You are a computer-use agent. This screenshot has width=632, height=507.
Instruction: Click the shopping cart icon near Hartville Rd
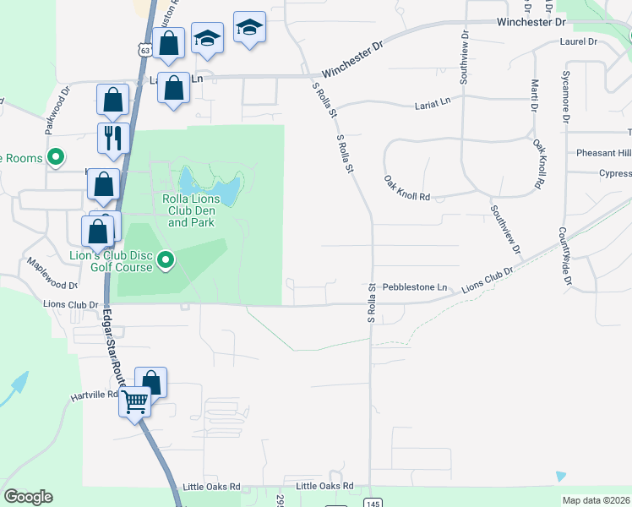click(135, 401)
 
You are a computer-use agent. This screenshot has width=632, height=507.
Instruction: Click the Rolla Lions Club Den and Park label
click(193, 210)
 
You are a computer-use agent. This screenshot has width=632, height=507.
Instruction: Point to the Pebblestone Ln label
click(415, 287)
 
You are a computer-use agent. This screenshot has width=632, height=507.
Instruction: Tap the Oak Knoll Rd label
click(406, 188)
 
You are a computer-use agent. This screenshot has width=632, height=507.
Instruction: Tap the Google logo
click(28, 497)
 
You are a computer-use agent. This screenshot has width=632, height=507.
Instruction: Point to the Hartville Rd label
click(95, 395)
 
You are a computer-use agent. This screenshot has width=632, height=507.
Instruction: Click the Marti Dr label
click(534, 95)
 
